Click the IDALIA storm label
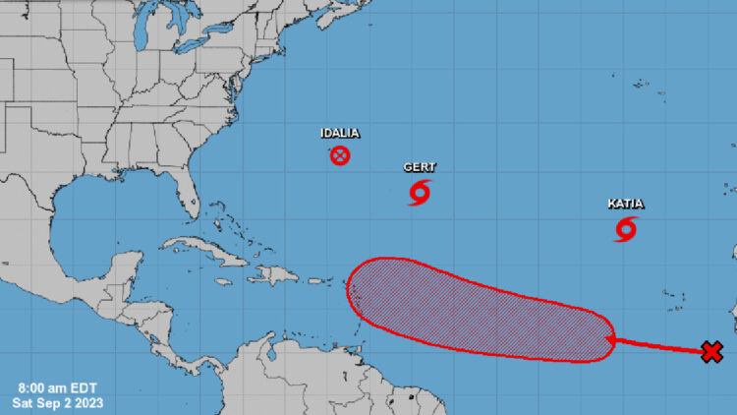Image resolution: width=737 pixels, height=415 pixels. click(x=339, y=133)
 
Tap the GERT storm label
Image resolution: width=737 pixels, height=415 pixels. click(x=420, y=167)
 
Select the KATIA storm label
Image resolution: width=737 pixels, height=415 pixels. click(x=625, y=204)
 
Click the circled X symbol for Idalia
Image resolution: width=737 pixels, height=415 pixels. click(x=339, y=155)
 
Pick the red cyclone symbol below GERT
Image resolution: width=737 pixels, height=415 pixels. click(x=420, y=192)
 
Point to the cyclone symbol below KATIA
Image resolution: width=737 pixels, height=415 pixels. click(x=626, y=229)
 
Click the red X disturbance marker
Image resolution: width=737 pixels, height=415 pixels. click(x=712, y=351)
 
